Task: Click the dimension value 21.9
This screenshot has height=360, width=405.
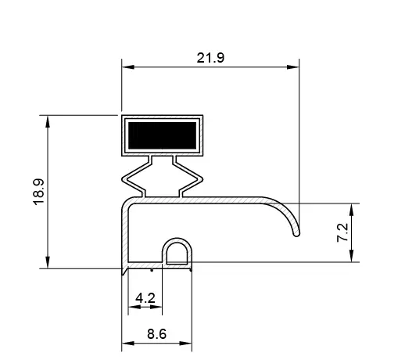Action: [x=210, y=58]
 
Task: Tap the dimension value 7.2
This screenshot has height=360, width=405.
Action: [x=342, y=232]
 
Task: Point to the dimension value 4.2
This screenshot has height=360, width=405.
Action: [x=145, y=298]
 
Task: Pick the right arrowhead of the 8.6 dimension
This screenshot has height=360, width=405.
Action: [x=190, y=343]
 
